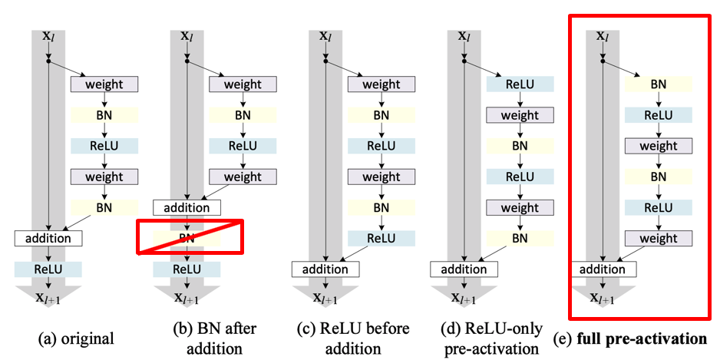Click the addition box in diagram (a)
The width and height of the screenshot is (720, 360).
(x=48, y=238)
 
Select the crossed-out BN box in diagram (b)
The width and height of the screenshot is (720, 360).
(x=187, y=238)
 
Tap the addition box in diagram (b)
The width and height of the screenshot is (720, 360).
(x=187, y=207)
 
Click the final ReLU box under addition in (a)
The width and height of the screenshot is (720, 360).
(x=48, y=269)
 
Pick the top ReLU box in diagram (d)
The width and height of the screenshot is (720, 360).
(x=520, y=84)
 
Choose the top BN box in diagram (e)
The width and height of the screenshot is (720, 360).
(x=659, y=84)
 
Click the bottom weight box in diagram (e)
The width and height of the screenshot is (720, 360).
(x=659, y=238)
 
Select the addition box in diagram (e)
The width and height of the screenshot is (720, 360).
(x=603, y=269)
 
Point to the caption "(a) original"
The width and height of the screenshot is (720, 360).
(x=75, y=340)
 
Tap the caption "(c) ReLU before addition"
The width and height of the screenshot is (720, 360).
(x=352, y=339)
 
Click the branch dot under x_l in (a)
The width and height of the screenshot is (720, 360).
(x=48, y=61)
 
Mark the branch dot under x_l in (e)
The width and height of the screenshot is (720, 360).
(x=603, y=61)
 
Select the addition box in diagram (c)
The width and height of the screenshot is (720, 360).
(x=325, y=269)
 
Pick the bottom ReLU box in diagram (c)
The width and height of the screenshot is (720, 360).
(x=381, y=238)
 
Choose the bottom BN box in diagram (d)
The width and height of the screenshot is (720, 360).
(x=520, y=238)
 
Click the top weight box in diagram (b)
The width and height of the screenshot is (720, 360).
(x=243, y=84)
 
